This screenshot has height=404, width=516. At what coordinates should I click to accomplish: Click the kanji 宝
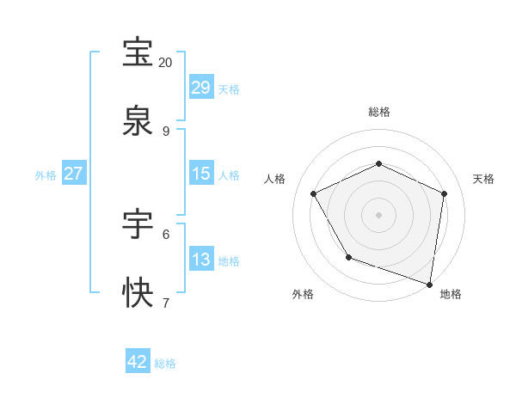[x=139, y=53]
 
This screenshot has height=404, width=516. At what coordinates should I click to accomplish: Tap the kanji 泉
[x=139, y=121]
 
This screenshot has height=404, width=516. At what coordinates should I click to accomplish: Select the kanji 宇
[x=139, y=224]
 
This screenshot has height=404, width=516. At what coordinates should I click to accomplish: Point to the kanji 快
[x=139, y=293]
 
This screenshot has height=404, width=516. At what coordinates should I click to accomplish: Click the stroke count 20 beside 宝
[x=165, y=63]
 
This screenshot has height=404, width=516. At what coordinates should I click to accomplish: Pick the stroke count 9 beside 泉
[x=165, y=131]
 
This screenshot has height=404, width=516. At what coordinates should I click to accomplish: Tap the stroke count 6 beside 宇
[x=165, y=234]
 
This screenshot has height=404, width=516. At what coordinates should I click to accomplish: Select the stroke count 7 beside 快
[x=165, y=303]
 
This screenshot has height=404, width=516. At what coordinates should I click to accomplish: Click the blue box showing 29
[x=201, y=88]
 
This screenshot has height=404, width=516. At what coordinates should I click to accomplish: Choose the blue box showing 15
[x=201, y=174]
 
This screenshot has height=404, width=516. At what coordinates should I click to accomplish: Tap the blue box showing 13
[x=201, y=260]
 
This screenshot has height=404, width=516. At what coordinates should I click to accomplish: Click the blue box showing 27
[x=73, y=174]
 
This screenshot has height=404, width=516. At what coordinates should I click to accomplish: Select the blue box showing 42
[x=138, y=362]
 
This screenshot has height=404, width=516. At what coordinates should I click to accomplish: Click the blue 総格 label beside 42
[x=165, y=364]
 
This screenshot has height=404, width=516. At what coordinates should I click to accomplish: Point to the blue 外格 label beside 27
[x=46, y=175]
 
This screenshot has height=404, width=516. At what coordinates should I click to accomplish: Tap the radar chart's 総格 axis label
[x=378, y=112]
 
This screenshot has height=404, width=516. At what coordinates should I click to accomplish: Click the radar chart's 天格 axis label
[x=483, y=179]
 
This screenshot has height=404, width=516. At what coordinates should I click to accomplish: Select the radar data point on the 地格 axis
[x=430, y=284]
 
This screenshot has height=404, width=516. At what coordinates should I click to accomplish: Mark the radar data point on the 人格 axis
[x=314, y=193]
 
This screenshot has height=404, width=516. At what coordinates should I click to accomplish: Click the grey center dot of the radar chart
[x=378, y=214]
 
